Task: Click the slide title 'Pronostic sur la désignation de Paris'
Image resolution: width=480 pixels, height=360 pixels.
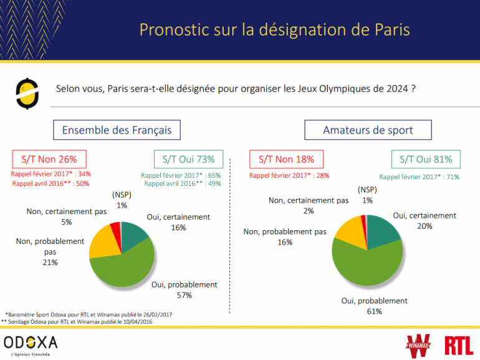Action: tap(274, 30)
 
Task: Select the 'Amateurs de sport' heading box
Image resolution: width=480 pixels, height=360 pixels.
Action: tap(368, 130)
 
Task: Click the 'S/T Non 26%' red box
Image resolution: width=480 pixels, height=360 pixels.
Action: tap(49, 158)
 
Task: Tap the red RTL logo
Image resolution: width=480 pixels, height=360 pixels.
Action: tap(459, 344)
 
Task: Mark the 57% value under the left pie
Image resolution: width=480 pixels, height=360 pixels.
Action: tap(184, 295)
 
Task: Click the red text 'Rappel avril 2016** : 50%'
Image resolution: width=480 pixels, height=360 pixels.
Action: tap(50, 183)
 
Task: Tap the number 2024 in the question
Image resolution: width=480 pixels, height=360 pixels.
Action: tap(397, 89)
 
